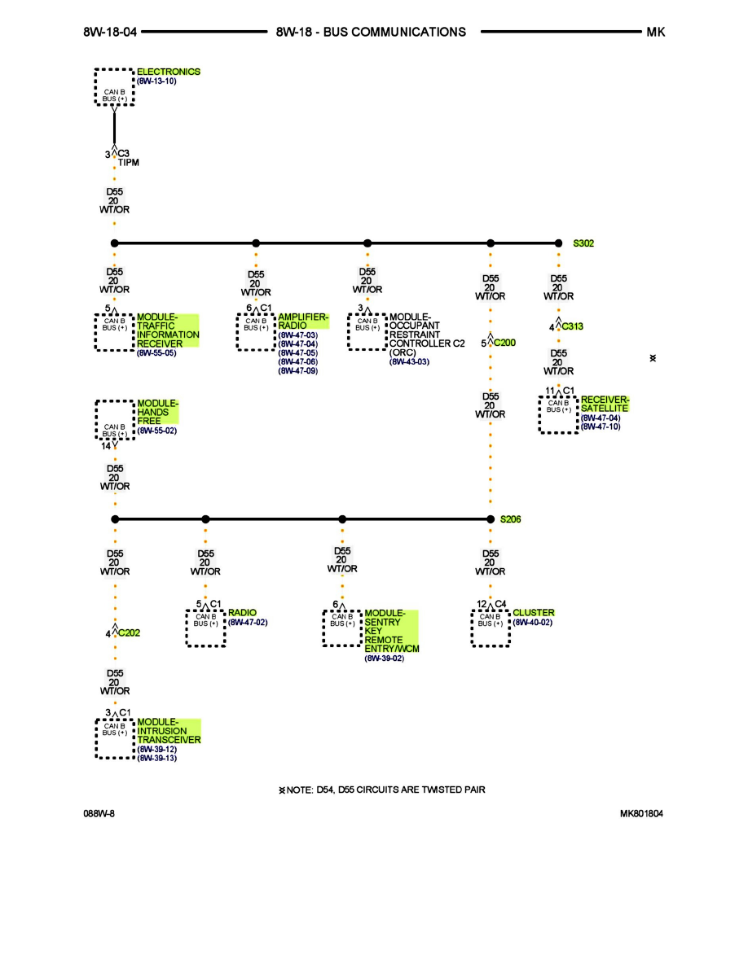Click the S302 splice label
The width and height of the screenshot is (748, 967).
pos(583,243)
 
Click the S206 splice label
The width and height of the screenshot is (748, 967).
pos(510,519)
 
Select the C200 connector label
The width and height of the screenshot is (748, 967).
pos(504,343)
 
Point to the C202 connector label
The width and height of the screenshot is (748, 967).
pos(129,632)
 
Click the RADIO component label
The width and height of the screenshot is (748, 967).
pos(242,612)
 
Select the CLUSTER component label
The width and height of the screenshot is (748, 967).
pos(534,612)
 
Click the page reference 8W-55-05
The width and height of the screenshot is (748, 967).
pos(156,353)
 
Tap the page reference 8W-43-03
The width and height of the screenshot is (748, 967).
pos(409,361)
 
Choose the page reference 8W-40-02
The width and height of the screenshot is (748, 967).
pos(533,622)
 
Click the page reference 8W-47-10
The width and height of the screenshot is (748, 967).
pos(600,427)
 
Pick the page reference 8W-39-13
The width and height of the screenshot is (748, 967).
pos(156,758)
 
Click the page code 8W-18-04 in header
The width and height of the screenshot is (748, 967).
pos(110,32)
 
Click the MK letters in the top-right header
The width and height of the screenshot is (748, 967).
pos(655,32)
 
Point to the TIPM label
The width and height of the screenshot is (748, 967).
pos(129,163)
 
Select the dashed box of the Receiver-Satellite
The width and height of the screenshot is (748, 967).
pos(558,413)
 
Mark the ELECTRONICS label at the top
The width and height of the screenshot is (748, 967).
pos(168,72)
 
